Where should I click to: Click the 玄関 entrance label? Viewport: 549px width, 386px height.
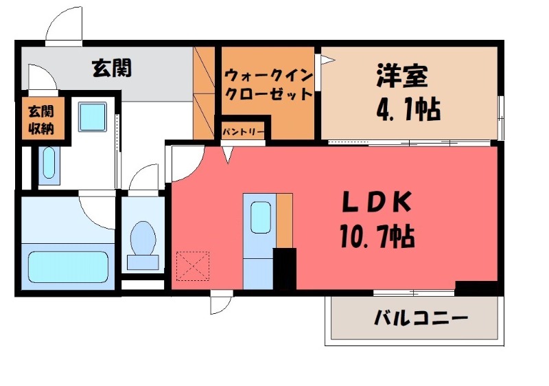112,68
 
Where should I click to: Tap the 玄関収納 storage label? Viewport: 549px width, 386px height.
40,118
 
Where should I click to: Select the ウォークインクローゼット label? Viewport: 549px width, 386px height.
268,84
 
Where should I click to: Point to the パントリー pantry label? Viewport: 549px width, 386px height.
244,130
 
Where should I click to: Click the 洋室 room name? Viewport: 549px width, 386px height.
401,76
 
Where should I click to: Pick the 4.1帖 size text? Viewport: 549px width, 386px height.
408,108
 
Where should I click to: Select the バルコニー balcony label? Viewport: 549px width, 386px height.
421,319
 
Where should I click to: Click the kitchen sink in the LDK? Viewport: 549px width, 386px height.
261,217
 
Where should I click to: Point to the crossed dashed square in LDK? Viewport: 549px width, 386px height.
193,266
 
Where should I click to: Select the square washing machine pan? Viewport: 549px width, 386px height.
91,117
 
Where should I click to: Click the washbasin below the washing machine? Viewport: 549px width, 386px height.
48,163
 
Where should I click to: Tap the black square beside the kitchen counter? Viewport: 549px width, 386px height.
284,269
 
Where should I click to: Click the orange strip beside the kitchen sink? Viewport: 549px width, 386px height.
285,219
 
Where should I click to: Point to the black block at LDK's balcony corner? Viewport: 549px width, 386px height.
476,288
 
